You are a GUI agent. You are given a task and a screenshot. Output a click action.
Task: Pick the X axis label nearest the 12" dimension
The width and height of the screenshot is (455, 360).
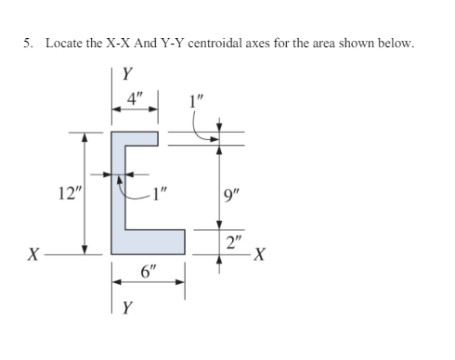click(34, 254)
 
